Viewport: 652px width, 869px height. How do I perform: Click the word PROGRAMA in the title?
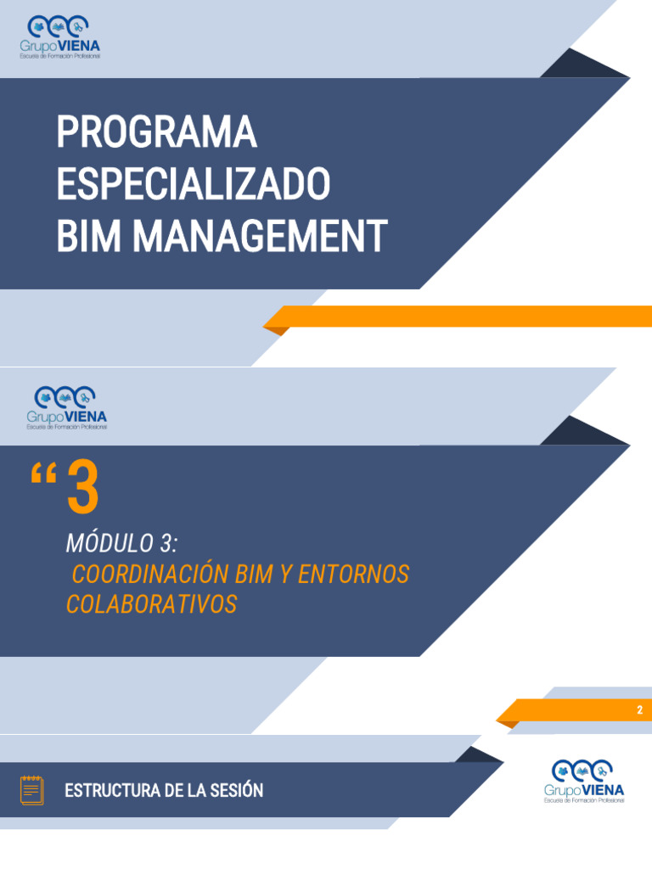pyautogui.click(x=156, y=132)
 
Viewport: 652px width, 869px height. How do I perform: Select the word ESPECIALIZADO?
pyautogui.click(x=193, y=184)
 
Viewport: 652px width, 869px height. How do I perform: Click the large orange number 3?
pyautogui.click(x=82, y=489)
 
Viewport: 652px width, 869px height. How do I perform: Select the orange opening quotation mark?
pyautogui.click(x=42, y=477)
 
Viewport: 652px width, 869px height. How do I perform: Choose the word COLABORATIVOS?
pyautogui.click(x=151, y=605)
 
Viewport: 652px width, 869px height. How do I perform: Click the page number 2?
pyautogui.click(x=640, y=710)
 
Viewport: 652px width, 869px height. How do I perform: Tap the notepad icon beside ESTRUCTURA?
pyautogui.click(x=32, y=791)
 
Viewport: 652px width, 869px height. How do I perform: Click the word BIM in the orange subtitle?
pyautogui.click(x=254, y=575)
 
